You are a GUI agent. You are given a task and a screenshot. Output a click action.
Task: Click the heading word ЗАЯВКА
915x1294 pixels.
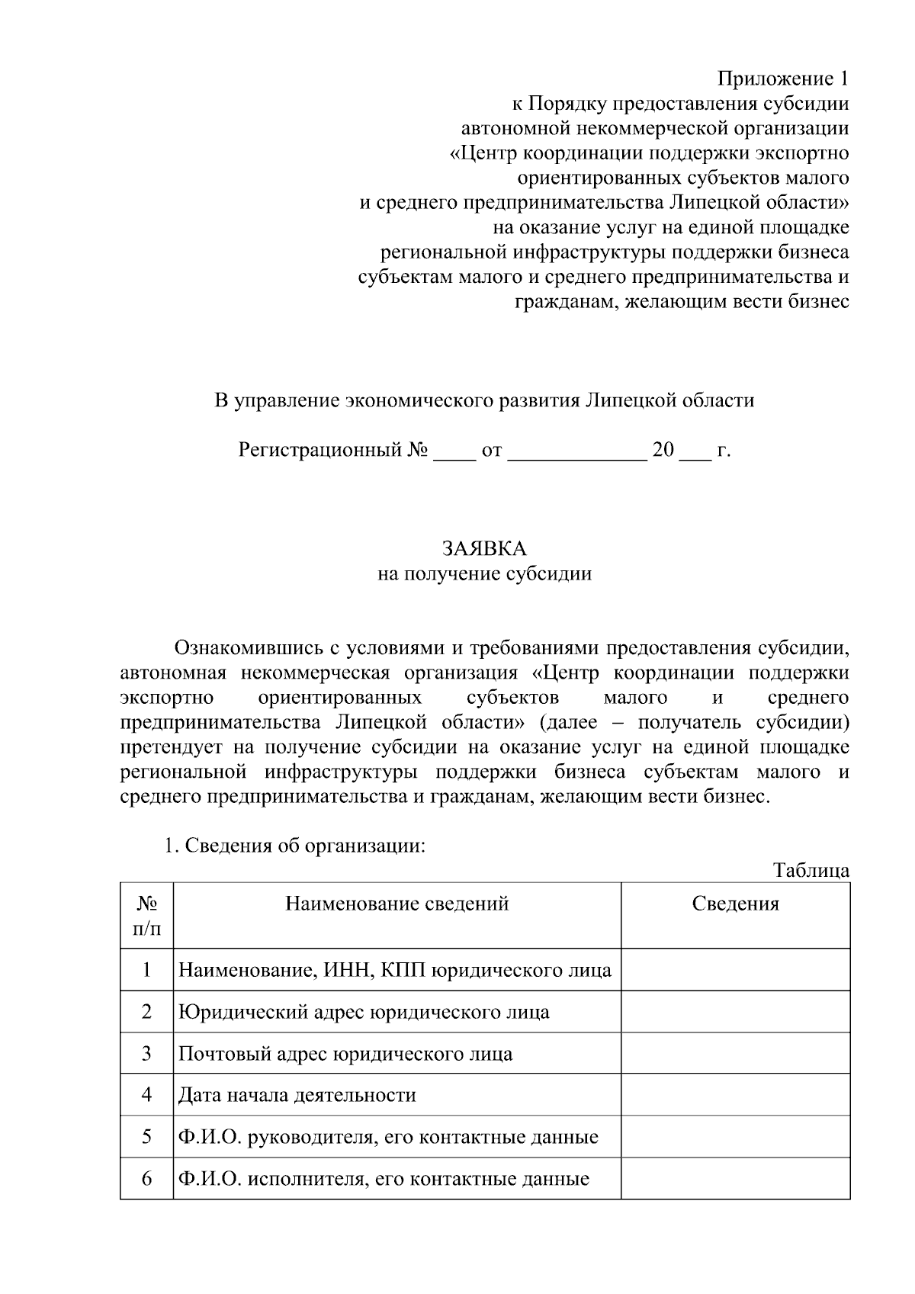484,548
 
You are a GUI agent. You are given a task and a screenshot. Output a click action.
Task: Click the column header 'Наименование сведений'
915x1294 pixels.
396,904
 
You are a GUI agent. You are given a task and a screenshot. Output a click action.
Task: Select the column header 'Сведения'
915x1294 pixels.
735,904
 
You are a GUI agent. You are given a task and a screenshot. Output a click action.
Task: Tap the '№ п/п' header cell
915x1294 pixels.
146,916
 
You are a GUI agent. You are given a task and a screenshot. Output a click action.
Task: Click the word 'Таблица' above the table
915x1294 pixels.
811,870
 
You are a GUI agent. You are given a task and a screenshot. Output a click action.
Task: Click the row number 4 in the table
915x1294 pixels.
146,1095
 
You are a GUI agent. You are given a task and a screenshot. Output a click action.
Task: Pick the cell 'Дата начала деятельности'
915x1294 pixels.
297,1096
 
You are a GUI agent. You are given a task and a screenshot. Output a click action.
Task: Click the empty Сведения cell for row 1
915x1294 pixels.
735,970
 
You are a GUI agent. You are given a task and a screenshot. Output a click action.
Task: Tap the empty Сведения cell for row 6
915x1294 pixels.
735,1179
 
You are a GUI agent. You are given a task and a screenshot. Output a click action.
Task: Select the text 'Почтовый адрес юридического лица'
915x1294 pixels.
345,1054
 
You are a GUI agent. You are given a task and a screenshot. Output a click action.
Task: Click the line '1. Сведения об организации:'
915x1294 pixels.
294,846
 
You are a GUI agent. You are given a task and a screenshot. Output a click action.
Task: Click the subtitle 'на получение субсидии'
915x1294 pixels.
484,573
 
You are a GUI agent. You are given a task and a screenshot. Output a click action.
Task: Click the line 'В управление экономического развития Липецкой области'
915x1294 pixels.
484,400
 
